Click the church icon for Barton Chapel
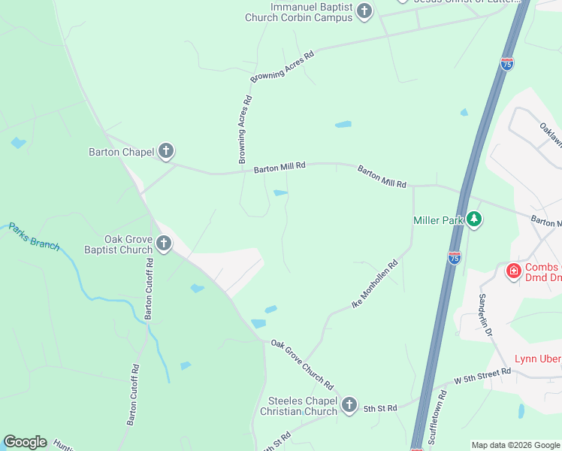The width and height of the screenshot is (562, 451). click(x=166, y=152)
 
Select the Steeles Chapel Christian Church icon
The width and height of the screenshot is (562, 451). click(x=349, y=406)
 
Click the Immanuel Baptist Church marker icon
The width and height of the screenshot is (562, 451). click(x=364, y=11)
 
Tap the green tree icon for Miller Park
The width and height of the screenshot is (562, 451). click(x=473, y=219)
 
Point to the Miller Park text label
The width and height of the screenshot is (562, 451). click(x=438, y=220)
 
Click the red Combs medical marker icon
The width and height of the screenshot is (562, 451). click(x=514, y=271)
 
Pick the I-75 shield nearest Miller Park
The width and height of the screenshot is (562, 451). click(x=454, y=258)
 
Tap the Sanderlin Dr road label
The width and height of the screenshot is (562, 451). click(x=487, y=314)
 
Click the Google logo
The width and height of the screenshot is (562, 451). click(x=25, y=442)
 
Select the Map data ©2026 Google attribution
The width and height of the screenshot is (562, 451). click(x=515, y=445)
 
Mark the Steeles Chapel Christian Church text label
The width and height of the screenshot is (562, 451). click(x=298, y=406)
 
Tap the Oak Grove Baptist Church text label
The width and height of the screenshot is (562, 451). click(x=118, y=244)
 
